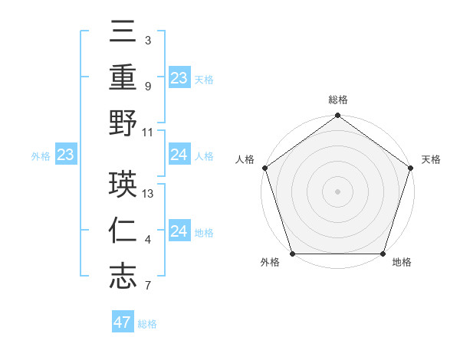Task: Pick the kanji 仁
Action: click(x=123, y=231)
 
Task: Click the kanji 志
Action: click(x=123, y=276)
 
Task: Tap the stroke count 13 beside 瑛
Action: click(x=149, y=193)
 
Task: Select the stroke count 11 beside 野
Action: click(x=149, y=132)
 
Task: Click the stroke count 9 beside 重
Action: click(x=147, y=86)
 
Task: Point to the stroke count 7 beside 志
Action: click(x=147, y=286)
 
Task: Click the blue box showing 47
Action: click(x=123, y=322)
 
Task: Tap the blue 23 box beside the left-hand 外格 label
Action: click(x=66, y=155)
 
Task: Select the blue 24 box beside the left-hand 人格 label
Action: click(x=179, y=155)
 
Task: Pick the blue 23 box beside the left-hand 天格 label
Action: click(x=179, y=78)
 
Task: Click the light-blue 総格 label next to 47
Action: click(x=147, y=324)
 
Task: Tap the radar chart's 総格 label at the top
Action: click(x=337, y=100)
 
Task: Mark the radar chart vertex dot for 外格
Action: click(x=292, y=254)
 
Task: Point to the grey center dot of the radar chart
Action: click(x=337, y=191)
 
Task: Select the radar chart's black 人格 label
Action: click(x=246, y=160)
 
